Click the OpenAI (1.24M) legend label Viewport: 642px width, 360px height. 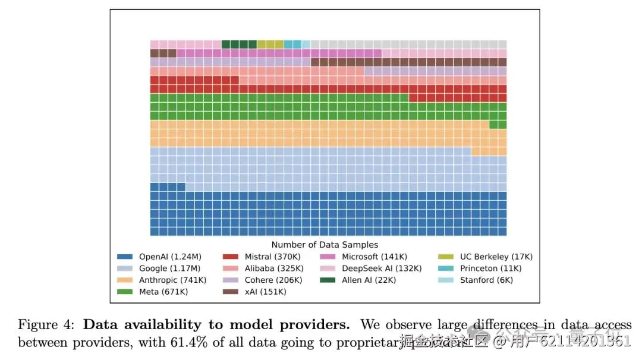170,257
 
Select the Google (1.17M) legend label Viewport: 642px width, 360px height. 169,269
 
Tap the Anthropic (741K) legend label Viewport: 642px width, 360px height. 173,280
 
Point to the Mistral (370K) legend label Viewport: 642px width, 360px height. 273,257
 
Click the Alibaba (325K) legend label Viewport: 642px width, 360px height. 273,269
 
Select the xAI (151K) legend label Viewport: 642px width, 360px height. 265,292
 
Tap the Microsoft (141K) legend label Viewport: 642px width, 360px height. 374,257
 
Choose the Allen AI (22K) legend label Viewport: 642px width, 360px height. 369,280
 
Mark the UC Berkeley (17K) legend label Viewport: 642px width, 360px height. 496,257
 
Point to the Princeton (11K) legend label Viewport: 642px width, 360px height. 492,269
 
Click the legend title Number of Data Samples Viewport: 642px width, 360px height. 325,245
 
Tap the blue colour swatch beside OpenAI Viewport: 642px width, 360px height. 124,257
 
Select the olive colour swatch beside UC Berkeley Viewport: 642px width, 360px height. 446,257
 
